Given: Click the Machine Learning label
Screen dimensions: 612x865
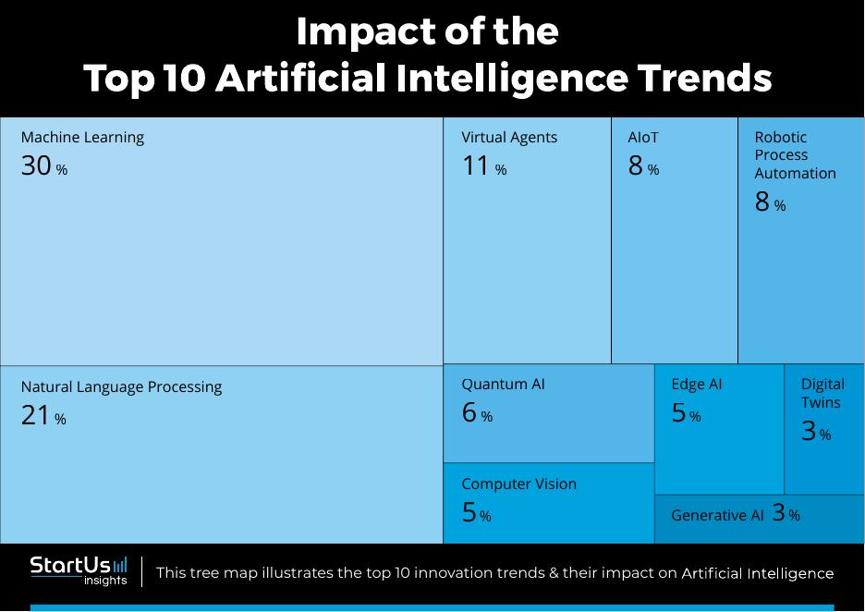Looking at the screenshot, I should [82, 138].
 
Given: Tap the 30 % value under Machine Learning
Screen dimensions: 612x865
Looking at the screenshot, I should [43, 166].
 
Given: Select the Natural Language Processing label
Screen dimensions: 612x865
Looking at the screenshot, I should [121, 387].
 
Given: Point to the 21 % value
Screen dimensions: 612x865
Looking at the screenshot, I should [43, 416].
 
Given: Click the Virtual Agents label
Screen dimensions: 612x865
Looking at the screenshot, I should [509, 138].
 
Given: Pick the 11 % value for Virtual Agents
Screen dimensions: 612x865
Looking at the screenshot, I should [483, 166].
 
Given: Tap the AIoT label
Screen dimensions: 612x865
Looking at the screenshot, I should [643, 138].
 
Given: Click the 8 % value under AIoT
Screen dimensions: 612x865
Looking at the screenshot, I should [643, 166].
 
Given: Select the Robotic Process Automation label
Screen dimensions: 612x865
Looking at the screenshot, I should [795, 155].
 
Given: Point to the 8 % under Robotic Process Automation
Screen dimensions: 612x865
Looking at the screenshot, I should [770, 202].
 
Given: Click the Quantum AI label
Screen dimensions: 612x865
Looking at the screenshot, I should [503, 385].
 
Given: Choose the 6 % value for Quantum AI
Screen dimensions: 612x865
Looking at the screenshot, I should [477, 413].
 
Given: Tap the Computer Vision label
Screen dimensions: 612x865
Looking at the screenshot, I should [518, 484].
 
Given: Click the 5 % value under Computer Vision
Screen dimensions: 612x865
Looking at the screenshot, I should [476, 513].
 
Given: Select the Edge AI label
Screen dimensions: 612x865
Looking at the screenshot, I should [696, 385].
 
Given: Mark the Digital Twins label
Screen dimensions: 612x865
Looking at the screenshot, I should [822, 393].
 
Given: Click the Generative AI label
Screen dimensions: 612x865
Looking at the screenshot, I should [717, 516].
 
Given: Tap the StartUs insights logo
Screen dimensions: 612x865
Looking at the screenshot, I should [79, 570].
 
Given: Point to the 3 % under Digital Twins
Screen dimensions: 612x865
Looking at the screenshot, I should [815, 432].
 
